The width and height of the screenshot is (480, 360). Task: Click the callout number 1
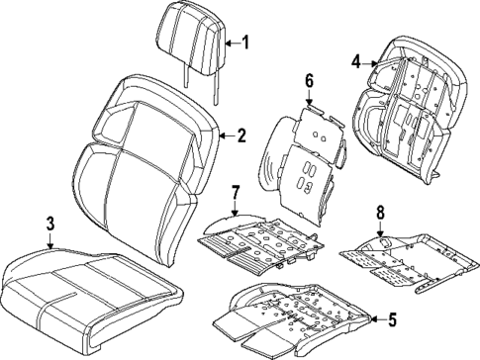coord(246,42)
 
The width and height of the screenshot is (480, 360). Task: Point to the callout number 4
coord(356,62)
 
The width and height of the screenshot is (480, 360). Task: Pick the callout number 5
coord(393,319)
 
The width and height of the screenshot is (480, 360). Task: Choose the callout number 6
coord(309,80)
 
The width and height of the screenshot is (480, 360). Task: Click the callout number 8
coord(380,212)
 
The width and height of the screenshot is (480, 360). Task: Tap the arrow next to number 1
coord(231,42)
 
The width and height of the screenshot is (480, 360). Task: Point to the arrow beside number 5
coord(376,319)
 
